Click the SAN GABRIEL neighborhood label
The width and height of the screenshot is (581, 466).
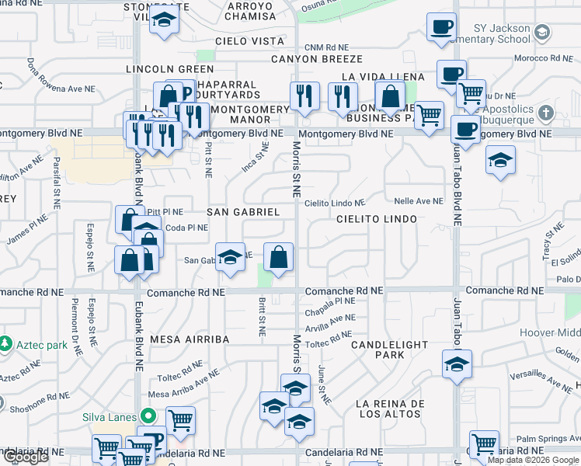(243, 212)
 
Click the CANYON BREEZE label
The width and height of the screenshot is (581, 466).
(317, 59)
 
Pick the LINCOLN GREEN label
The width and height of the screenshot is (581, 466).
(170, 69)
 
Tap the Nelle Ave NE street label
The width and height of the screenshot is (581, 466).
(419, 201)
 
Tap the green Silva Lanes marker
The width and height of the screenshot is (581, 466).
(143, 416)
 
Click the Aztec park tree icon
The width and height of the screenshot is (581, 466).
(6, 343)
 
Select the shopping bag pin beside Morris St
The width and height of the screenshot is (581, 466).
(279, 257)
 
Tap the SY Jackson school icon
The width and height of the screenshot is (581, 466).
(541, 32)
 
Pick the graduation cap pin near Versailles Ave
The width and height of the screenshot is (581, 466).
(457, 363)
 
